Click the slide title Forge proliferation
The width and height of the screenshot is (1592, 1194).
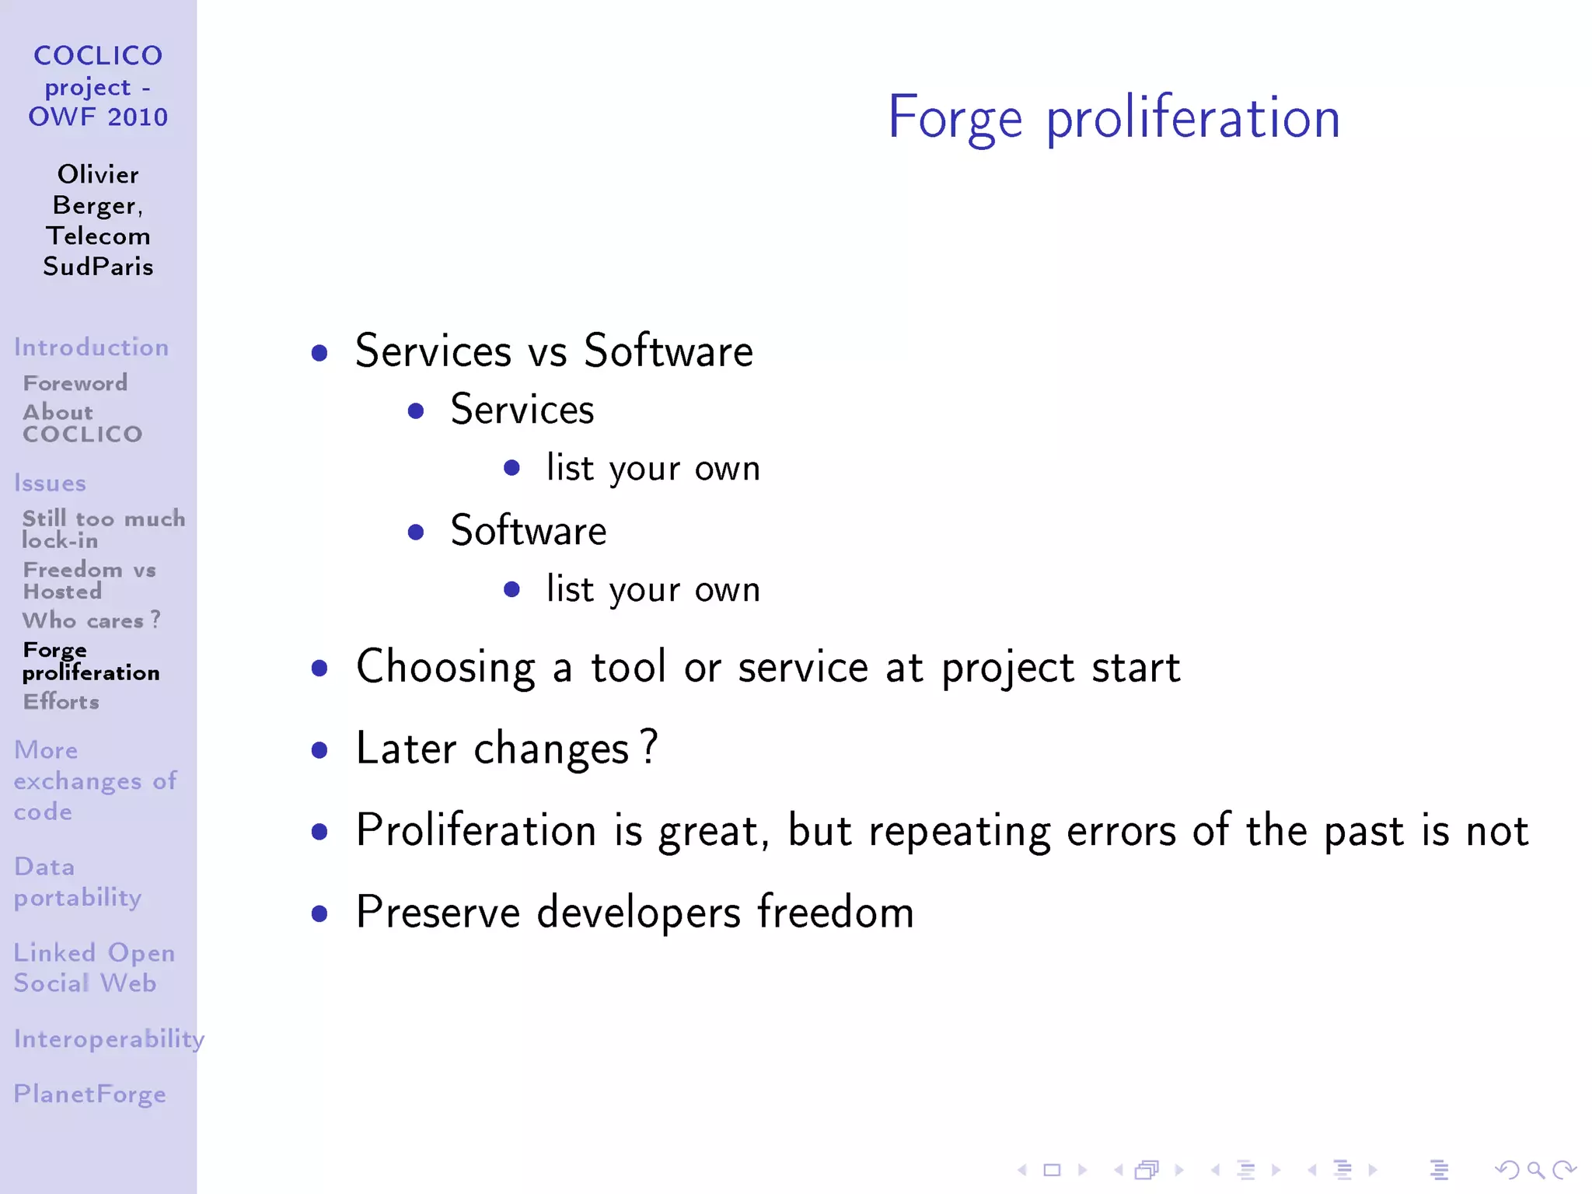1113,117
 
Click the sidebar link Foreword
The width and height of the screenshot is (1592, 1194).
75,383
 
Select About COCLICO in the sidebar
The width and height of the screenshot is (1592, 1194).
82,423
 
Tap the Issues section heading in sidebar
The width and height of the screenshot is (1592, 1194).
50,484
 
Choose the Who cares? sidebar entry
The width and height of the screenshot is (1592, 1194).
91,620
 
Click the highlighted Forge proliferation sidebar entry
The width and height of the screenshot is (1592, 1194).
91,661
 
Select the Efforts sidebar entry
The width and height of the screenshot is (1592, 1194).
61,702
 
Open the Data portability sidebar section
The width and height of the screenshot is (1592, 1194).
78,882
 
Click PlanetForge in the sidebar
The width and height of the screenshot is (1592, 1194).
90,1094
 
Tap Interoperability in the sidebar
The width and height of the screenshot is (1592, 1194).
109,1039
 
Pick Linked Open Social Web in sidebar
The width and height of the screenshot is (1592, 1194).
94,968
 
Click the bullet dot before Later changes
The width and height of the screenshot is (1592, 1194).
319,750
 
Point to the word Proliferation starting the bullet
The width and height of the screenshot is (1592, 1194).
476,830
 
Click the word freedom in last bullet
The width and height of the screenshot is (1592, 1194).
836,912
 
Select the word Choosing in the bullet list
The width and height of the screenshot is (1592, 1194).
445,667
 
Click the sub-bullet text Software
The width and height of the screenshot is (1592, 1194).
529,531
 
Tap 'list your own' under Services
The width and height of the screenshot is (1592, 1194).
653,469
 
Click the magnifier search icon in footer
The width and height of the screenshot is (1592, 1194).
1535,1169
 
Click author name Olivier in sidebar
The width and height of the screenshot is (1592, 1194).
98,174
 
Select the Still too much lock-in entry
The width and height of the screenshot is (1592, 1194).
103,529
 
